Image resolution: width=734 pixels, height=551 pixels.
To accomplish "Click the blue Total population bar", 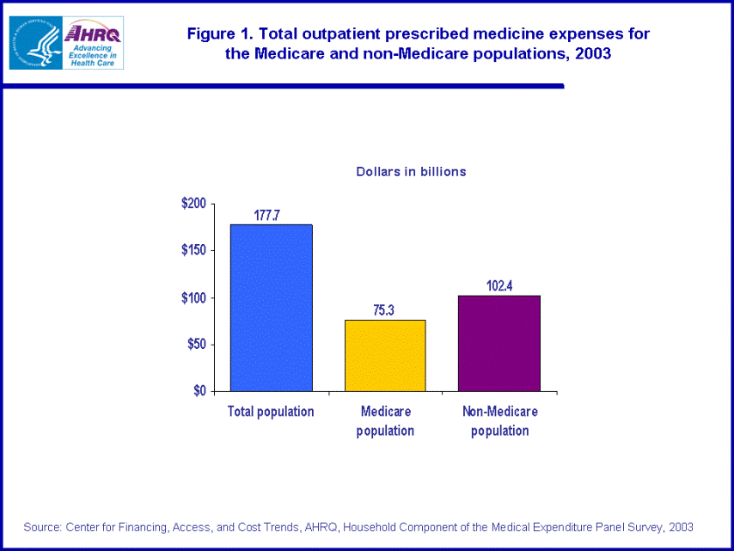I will point(271,308).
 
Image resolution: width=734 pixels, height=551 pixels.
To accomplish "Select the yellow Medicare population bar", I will point(385,355).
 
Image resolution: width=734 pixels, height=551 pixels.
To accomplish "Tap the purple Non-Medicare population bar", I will point(499,343).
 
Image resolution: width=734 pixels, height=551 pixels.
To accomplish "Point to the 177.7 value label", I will point(266,215).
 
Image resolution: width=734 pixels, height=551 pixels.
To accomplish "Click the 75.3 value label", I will point(384,310).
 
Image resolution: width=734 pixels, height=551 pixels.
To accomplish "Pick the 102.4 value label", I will point(499,285).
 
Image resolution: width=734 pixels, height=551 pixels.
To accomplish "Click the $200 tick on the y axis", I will point(193,204).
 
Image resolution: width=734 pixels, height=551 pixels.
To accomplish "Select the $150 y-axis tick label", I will point(193,250).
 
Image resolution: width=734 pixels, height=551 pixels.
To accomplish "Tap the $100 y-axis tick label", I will point(193,297).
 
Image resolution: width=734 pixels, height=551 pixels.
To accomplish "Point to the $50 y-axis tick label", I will point(196,344).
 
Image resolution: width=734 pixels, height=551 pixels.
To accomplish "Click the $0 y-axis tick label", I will point(199,390).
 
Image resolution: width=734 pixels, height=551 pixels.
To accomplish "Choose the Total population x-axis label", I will point(271,412).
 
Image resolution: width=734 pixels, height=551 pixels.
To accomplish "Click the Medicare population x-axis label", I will point(385,421).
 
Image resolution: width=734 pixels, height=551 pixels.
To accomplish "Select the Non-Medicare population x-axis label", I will point(500,421).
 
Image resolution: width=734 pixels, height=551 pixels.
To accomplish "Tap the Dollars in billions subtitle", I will point(411,172).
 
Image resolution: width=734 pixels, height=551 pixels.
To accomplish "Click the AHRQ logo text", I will point(92,34).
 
